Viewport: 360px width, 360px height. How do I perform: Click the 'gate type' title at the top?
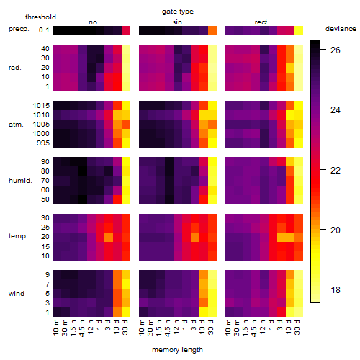pos(178,12)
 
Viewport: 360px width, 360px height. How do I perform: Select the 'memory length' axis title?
pos(177,350)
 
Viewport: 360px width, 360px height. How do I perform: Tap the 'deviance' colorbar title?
pos(341,29)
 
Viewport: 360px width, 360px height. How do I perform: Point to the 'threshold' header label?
pos(40,17)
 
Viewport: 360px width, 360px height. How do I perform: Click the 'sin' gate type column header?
pos(177,22)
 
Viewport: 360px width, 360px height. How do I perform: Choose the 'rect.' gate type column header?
pos(261,22)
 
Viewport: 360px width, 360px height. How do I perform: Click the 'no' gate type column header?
pos(93,22)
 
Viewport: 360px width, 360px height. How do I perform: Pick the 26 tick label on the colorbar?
pos(336,50)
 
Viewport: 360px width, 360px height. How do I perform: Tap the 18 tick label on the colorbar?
pos(336,290)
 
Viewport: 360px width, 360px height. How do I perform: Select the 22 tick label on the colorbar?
pos(336,171)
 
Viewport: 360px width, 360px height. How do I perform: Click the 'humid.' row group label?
pos(20,181)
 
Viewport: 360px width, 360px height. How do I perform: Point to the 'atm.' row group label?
pos(16,125)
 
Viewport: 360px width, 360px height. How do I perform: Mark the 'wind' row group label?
pos(17,294)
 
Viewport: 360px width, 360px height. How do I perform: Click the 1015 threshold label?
pos(41,106)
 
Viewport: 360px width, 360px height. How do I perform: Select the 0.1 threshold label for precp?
pos(44,30)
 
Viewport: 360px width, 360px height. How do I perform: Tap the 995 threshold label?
pos(43,143)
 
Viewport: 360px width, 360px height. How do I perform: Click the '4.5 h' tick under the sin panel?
pos(168,328)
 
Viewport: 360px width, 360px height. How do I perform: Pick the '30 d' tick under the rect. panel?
pos(297,327)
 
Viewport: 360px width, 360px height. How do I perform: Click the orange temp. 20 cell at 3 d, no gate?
pos(109,237)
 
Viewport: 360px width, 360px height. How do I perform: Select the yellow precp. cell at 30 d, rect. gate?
pos(299,30)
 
